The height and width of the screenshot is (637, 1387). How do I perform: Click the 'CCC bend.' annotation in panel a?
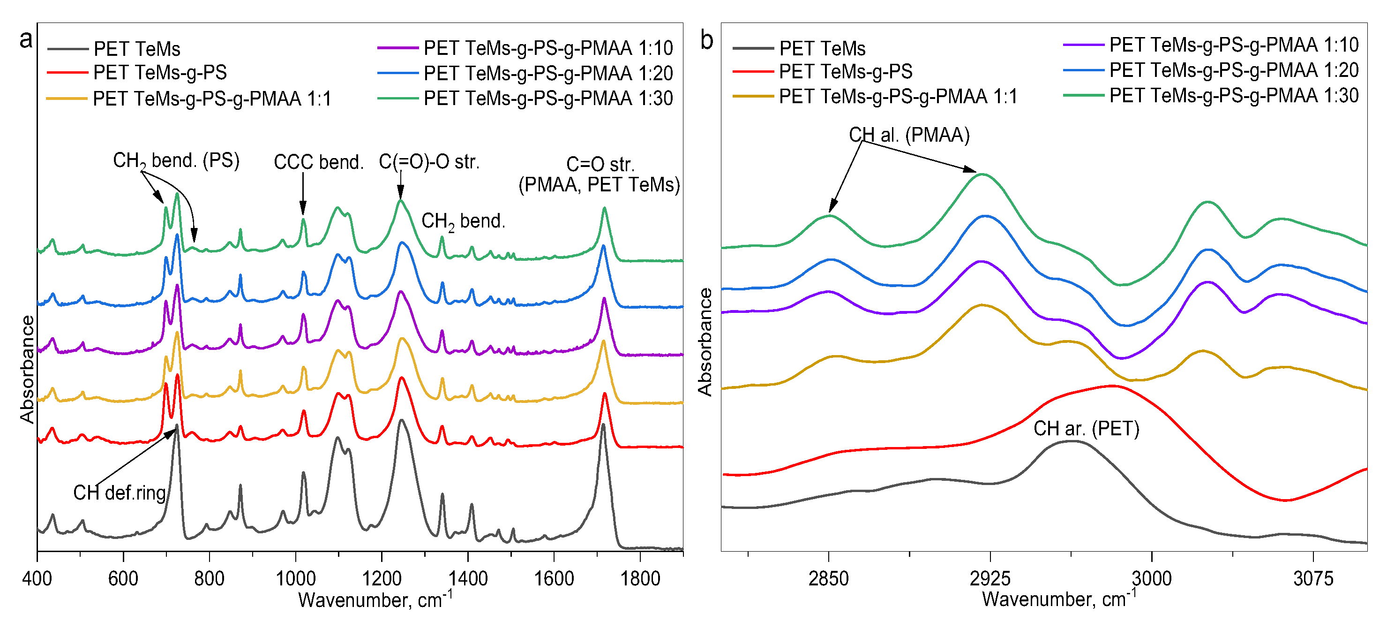click(319, 162)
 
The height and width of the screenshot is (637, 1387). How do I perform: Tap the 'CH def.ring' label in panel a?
click(120, 493)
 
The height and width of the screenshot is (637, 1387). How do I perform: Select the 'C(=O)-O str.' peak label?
click(429, 162)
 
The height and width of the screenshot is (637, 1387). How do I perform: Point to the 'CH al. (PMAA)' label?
click(909, 135)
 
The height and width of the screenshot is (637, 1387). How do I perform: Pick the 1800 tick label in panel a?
click(640, 578)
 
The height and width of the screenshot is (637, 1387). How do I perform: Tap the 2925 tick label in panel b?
click(990, 578)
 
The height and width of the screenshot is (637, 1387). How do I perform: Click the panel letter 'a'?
click(26, 40)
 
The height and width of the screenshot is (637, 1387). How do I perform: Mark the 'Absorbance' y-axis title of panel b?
click(705, 342)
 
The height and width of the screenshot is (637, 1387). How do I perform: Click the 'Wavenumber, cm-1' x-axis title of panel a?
click(375, 599)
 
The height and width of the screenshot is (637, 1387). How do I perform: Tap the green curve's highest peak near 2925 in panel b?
click(982, 174)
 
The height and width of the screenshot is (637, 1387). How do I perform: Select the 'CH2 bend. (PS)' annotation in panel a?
click(176, 160)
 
